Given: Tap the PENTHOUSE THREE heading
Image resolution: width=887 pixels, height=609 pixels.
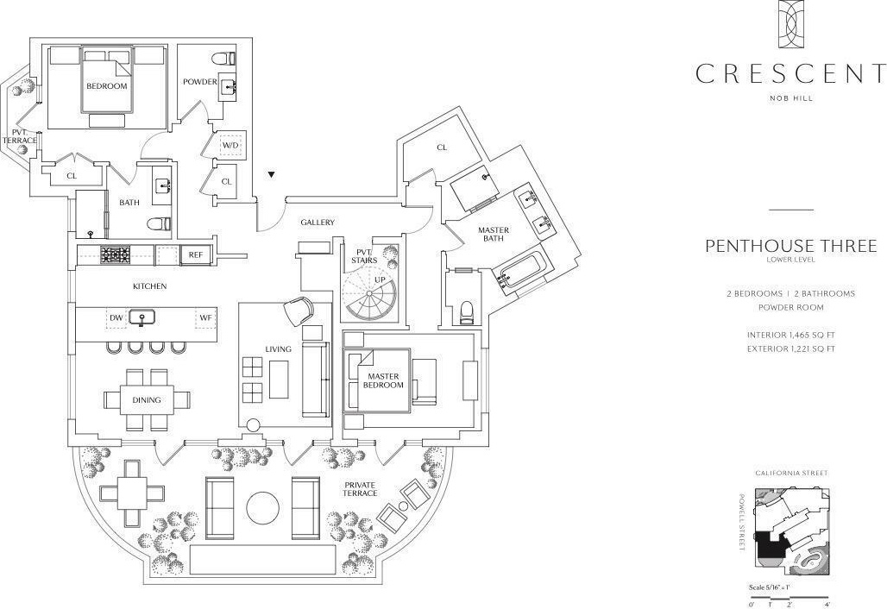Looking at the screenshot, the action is pos(790,246).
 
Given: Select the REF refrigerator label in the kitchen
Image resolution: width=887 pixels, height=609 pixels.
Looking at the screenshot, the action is pos(196,254).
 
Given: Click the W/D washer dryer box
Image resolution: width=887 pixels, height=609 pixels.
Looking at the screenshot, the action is pos(230,145).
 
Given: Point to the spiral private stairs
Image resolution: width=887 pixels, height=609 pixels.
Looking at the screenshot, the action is pos(369,294).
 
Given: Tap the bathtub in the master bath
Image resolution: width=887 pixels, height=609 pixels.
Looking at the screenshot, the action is pos(520,268).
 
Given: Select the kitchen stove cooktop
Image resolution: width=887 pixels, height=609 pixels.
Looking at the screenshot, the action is pos(116,254).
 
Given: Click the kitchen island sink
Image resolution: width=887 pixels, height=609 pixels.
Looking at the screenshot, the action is pos(142,319).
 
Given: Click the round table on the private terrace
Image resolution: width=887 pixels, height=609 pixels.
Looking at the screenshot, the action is pos(262,507).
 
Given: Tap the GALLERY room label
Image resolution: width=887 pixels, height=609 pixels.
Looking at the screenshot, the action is pos(318,223).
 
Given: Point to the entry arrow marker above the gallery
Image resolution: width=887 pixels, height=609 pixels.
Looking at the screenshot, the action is pos(271,175).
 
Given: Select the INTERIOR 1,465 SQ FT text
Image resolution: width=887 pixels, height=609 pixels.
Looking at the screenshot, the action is pos(790,335).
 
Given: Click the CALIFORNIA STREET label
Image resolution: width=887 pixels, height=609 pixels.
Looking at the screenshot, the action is pos(790,474).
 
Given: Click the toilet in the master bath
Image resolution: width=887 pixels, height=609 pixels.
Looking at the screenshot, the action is pos(467,311).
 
